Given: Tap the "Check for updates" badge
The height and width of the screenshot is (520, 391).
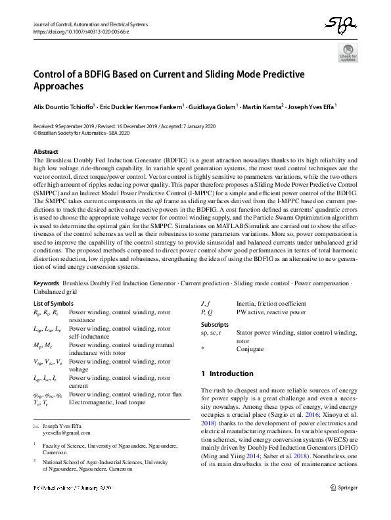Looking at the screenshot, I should [x=348, y=53].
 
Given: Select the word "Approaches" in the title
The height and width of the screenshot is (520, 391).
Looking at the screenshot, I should [x=58, y=86].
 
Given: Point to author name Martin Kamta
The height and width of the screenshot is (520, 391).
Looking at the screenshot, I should [x=263, y=106].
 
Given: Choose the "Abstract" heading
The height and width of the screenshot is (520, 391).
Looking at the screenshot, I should [x=46, y=152].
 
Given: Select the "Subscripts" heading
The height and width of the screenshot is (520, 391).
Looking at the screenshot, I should [x=215, y=325].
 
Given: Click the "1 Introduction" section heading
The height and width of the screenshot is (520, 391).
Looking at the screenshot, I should [x=227, y=374].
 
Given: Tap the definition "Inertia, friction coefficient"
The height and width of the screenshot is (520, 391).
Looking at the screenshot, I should [x=271, y=304].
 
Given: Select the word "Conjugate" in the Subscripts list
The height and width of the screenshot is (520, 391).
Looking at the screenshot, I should [x=250, y=349].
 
